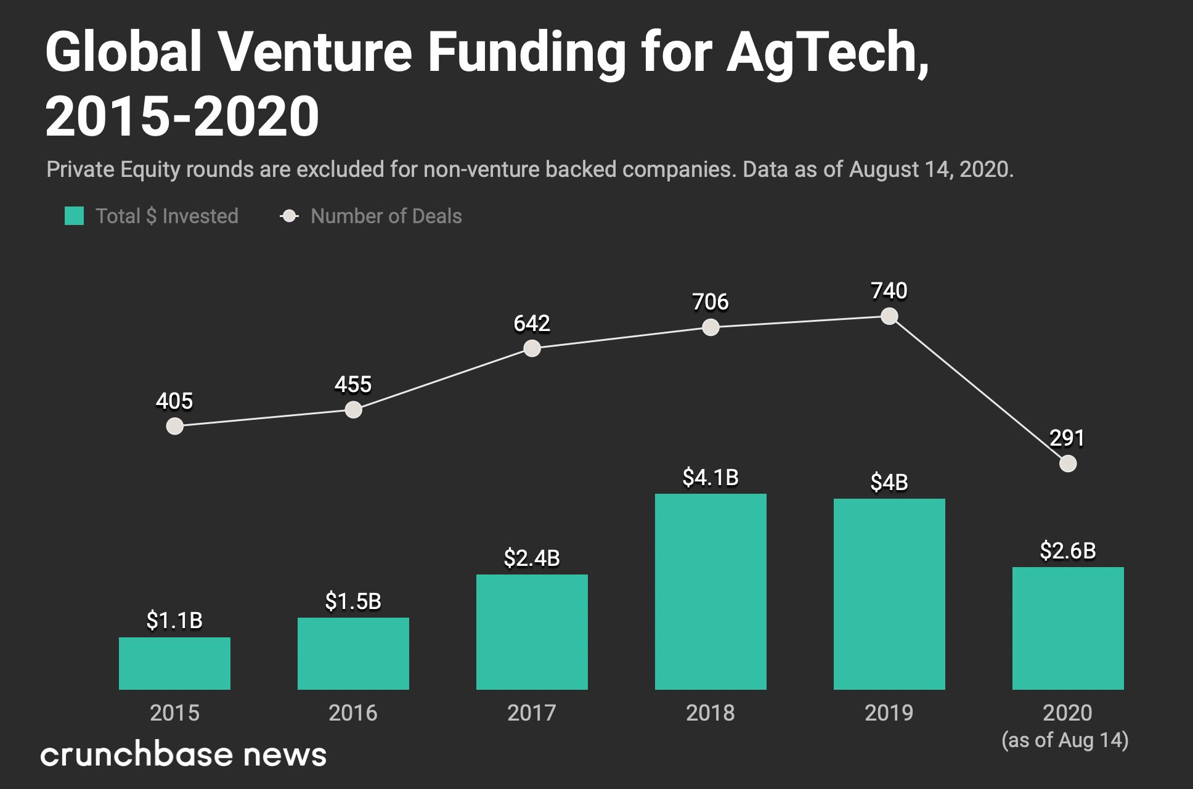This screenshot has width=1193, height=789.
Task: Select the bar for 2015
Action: click(x=174, y=663)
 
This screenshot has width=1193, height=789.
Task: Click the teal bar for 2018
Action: click(x=711, y=591)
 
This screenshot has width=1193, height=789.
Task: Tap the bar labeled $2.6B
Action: click(x=1068, y=628)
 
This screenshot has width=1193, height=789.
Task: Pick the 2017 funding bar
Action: click(x=532, y=632)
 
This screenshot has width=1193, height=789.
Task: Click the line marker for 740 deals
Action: click(x=889, y=316)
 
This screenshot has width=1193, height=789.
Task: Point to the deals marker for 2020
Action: click(x=1068, y=464)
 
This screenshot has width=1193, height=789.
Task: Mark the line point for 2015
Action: click(x=175, y=426)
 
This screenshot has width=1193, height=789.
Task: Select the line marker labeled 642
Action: click(x=532, y=348)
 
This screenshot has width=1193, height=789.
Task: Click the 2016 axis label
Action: click(x=353, y=713)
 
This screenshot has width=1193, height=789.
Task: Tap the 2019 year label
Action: click(x=889, y=713)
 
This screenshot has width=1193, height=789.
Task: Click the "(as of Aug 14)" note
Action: click(x=1065, y=740)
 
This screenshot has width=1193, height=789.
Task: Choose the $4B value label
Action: click(x=889, y=483)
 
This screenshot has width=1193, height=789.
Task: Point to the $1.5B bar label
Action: click(x=353, y=601)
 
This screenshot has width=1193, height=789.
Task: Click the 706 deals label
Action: click(x=711, y=302)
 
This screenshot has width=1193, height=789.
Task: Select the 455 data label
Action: click(x=353, y=385)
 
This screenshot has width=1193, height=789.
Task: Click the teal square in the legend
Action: click(x=75, y=216)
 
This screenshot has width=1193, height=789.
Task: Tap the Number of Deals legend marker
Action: click(x=289, y=216)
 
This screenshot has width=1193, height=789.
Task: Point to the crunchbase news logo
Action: click(x=183, y=754)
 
